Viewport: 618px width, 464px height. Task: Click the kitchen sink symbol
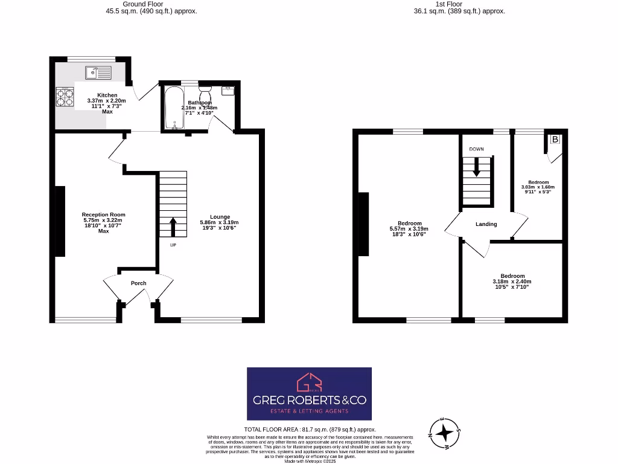click(98, 72)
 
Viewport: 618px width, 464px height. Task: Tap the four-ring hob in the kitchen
click(65, 97)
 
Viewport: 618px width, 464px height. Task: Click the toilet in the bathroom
click(205, 96)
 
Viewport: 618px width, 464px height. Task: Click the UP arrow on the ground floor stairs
click(173, 227)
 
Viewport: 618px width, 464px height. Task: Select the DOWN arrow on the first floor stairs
click(477, 167)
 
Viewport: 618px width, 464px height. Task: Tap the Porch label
click(139, 283)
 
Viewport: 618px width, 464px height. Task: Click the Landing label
click(486, 224)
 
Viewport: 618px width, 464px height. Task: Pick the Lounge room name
click(220, 216)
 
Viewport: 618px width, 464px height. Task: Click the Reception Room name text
click(104, 214)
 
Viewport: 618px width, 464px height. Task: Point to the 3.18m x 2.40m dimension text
click(512, 282)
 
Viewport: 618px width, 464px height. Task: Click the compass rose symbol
click(445, 433)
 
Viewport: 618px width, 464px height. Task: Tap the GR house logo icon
click(309, 382)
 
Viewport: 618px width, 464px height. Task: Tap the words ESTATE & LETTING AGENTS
click(309, 411)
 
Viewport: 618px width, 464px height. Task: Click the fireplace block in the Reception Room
click(60, 221)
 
